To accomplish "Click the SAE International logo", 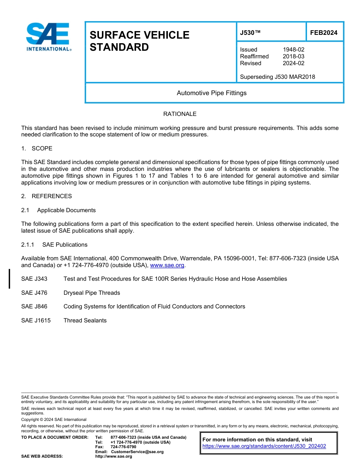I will (x=49, y=37).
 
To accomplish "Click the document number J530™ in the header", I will (x=250, y=33).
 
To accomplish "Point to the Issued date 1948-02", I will (x=293, y=50).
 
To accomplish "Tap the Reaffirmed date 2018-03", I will (x=293, y=56).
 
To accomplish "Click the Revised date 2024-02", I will (x=293, y=63).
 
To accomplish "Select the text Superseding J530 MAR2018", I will (x=277, y=77).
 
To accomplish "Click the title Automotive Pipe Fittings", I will (x=211, y=93).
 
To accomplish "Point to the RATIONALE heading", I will (x=180, y=114).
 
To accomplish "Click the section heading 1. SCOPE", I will (x=37, y=148).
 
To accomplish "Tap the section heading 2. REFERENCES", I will (x=46, y=196).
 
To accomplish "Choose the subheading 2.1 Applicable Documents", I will (x=58, y=210).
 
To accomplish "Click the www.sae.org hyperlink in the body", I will (x=167, y=265).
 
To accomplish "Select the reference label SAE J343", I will (x=34, y=279).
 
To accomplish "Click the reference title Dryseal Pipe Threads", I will (x=92, y=293).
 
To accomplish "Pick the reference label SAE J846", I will (x=34, y=306).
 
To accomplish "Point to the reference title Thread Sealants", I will (x=85, y=321).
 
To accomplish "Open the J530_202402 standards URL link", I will (x=264, y=446).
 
